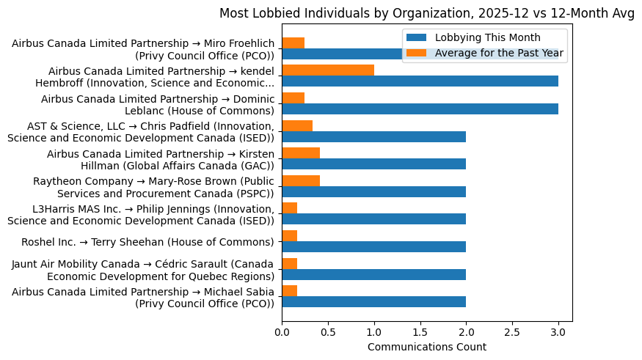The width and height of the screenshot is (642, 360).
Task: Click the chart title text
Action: click(x=426, y=13)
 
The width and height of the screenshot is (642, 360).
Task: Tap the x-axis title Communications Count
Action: click(x=426, y=346)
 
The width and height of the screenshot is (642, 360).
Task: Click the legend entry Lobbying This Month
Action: click(x=487, y=38)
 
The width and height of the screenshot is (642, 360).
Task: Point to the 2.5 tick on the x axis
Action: click(x=512, y=331)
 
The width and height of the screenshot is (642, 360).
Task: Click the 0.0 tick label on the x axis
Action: click(x=282, y=331)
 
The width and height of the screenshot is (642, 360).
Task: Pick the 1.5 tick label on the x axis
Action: click(x=420, y=331)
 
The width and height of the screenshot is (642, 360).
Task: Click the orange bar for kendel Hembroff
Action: click(x=328, y=70)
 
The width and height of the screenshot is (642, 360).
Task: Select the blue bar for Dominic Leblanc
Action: click(x=420, y=109)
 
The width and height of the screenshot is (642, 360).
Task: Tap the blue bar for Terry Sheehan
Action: click(x=373, y=247)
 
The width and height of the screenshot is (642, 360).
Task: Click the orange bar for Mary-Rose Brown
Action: click(x=301, y=180)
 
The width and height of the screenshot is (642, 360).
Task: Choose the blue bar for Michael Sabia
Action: click(x=373, y=302)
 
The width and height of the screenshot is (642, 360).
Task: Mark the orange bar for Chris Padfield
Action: click(x=297, y=125)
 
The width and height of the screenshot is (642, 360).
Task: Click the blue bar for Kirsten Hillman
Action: click(x=373, y=164)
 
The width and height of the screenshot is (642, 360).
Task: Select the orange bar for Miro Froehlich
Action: click(x=293, y=43)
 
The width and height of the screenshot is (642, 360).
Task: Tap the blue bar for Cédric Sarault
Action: click(x=373, y=274)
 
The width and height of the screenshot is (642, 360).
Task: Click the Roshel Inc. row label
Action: click(x=147, y=242)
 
